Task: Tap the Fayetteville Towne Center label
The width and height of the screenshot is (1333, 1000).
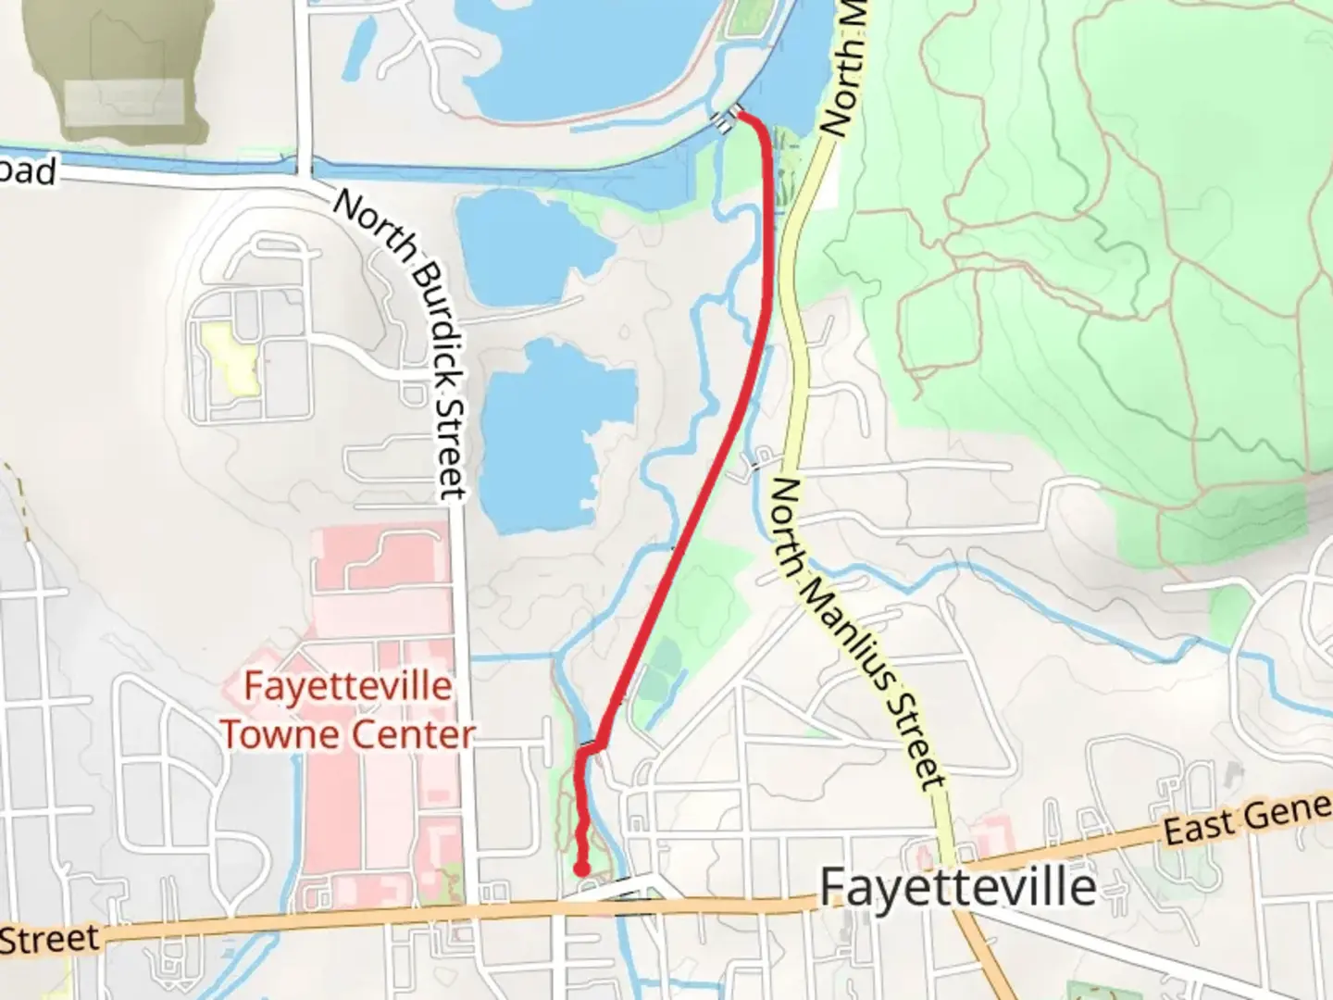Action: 347,710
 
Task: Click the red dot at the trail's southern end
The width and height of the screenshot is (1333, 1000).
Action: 581,868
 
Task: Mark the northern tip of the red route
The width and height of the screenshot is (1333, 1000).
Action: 741,117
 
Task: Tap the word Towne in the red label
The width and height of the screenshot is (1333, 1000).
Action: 281,734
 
